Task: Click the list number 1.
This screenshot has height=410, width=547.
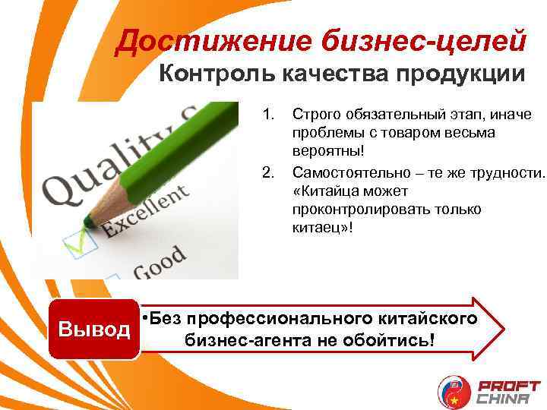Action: click(267, 115)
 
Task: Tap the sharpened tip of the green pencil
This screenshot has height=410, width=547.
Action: click(89, 222)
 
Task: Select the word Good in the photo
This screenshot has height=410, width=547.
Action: click(159, 263)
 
